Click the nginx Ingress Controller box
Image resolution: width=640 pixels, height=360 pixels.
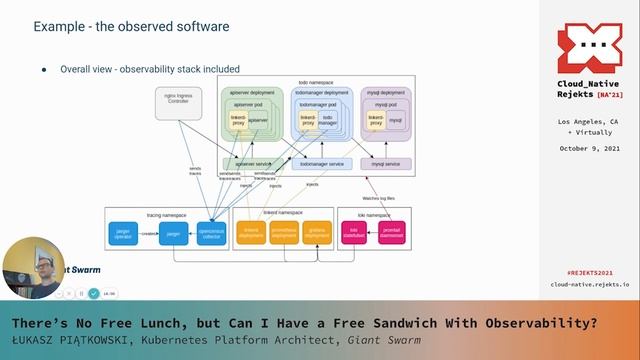[x=176, y=99]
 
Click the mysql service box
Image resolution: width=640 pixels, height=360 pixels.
[x=385, y=163]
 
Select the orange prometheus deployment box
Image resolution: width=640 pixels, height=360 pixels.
[x=284, y=233]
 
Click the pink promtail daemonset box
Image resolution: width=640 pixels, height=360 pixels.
[x=391, y=233]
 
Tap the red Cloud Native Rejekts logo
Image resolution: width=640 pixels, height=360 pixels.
[x=589, y=49]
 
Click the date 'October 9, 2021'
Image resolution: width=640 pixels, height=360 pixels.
[x=589, y=148]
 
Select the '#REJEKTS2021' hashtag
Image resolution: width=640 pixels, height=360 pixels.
[x=588, y=271]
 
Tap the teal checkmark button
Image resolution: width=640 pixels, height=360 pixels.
[x=93, y=293]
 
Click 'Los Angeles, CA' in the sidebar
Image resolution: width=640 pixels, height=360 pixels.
[x=589, y=121]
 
